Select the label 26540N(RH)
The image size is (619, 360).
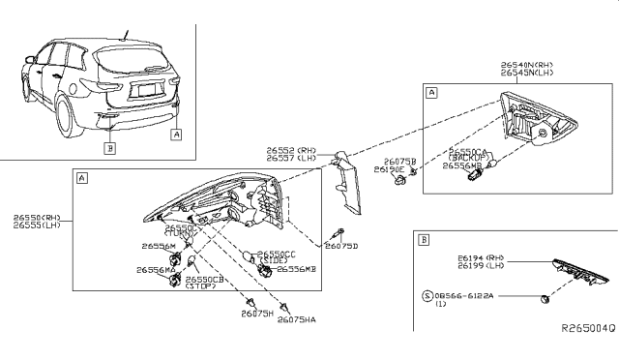pos(528,64)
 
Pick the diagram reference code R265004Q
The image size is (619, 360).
pos(588,328)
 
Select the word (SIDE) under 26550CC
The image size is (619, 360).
pos(274,261)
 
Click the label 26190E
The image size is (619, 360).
pos(398,169)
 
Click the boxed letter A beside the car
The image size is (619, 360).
pos(176,135)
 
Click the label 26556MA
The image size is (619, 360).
pos(155,270)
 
